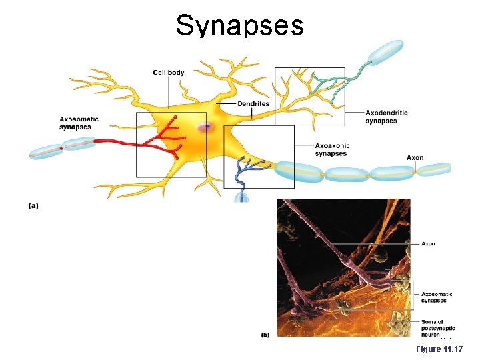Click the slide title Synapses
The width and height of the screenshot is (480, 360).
click(239, 25)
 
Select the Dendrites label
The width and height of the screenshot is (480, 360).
click(253, 103)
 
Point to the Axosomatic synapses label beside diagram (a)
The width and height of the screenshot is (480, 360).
click(79, 123)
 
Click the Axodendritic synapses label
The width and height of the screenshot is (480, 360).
click(386, 117)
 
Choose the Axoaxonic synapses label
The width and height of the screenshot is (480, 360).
click(332, 149)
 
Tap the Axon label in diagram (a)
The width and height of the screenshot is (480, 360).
click(415, 158)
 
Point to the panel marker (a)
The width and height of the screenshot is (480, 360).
click(33, 206)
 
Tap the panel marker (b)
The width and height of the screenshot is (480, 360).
click(265, 335)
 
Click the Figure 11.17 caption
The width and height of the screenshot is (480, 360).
click(438, 349)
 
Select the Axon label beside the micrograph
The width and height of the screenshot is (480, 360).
click(428, 244)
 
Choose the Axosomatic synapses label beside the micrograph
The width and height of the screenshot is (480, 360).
click(437, 297)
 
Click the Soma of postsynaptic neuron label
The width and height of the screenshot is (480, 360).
click(433, 328)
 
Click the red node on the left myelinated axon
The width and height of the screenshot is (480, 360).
click(61, 148)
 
